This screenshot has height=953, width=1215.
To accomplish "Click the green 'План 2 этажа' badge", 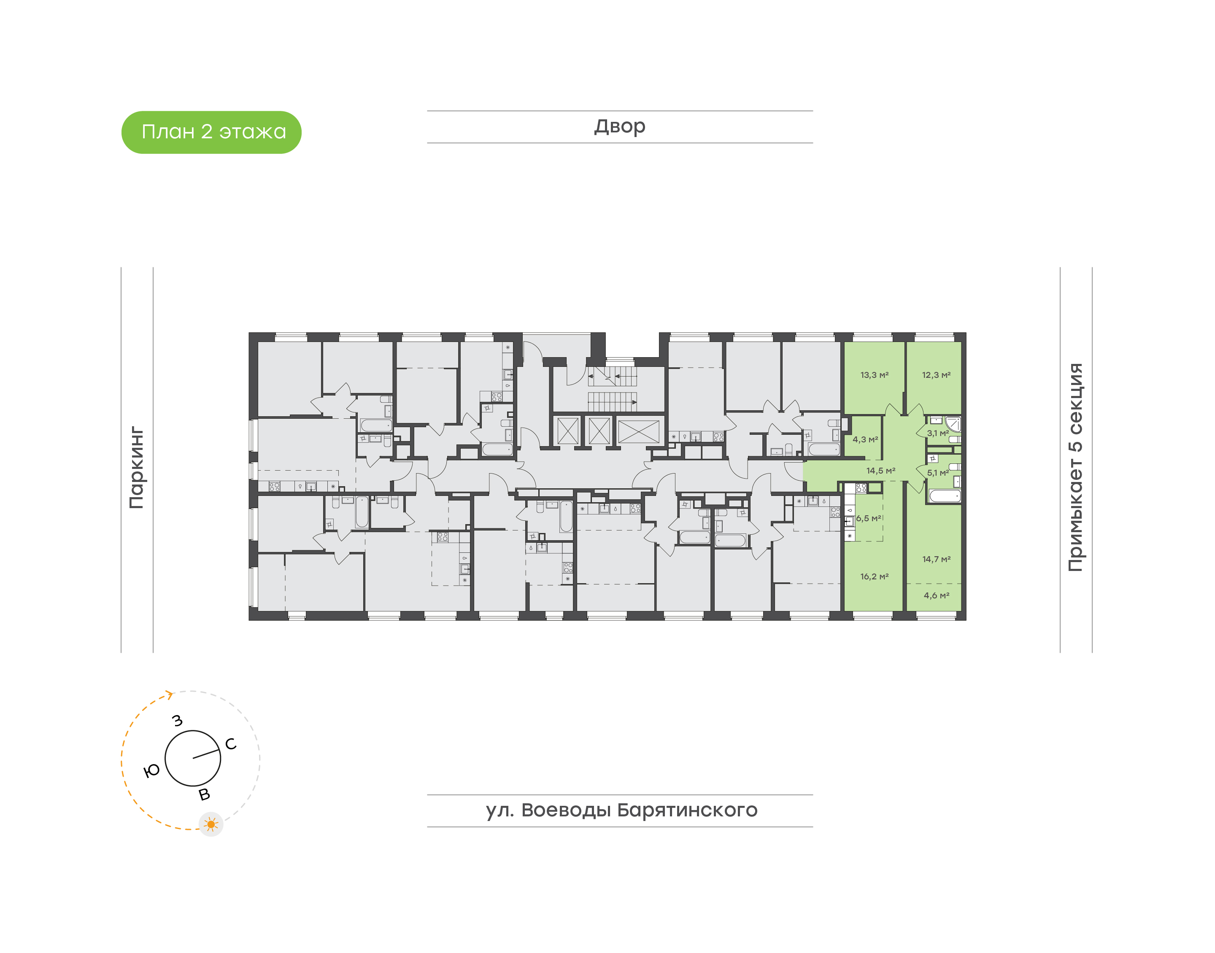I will coord(211,132).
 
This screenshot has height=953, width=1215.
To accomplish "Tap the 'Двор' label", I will coord(619,127).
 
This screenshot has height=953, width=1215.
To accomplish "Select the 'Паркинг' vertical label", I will coord(137,468).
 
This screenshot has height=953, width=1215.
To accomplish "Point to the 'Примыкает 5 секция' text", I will coord(1075,468).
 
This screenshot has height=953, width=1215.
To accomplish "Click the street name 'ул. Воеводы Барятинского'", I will coord(621,810).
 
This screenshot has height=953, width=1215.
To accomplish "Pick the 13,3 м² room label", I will coord(874,375).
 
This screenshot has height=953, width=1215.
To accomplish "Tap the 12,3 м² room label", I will coord(936,375).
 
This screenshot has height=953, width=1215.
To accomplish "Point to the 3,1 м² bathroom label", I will coord(938,433).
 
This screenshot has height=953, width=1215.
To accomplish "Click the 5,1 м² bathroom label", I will coord(938,473).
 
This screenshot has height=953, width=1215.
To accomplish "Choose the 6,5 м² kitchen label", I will coord(868,518).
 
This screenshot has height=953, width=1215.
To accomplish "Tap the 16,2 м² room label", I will coord(874,576).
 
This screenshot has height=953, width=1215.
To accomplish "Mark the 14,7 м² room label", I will coord(936,559).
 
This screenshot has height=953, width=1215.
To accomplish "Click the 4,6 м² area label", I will coord(936,595).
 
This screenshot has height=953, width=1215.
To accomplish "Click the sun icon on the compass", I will coord(211,824).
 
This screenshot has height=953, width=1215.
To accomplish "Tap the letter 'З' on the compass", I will coord(178,720).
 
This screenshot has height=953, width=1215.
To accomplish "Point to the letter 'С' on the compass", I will coord(230,744).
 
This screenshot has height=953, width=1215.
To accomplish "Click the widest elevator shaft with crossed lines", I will coord(638,432).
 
